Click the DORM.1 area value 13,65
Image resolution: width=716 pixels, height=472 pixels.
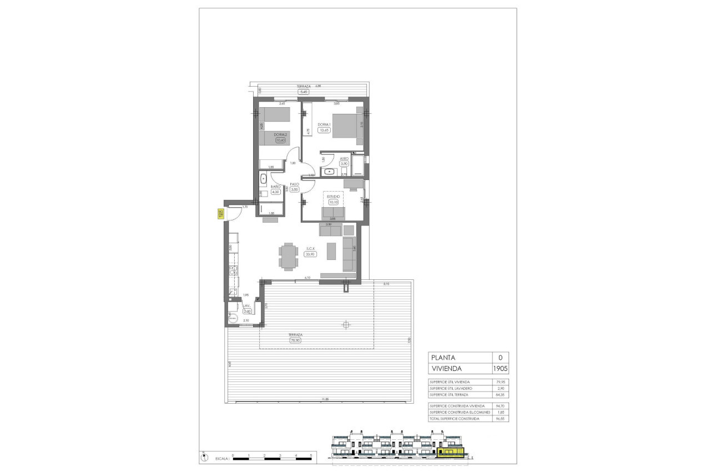click(324, 130)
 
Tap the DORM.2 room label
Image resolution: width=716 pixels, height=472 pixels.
click(280, 134)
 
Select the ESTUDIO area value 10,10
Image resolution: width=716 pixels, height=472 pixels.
click(333, 202)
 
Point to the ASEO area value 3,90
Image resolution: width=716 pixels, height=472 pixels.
click(344, 163)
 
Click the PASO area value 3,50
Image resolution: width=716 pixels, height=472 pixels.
click(295, 189)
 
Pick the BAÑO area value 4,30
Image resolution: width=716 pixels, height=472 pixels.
click(276, 192)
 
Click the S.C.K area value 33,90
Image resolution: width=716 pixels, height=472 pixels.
click(310, 254)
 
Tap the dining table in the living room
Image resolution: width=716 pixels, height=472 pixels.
click(288, 256)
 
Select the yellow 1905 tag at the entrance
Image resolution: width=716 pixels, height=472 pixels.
click(220, 214)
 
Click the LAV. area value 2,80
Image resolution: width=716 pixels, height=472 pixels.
click(247, 311)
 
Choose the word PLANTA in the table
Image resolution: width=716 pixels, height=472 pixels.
click(443, 358)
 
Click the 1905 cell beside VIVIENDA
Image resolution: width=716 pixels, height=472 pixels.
click(500, 368)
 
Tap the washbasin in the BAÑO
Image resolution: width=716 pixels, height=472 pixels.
click(263, 179)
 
